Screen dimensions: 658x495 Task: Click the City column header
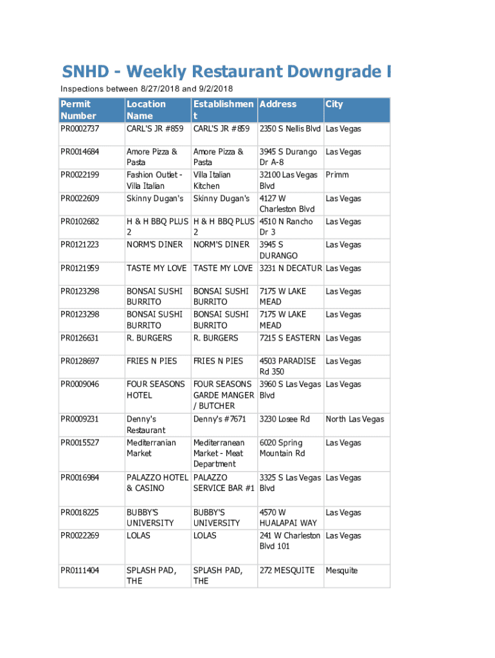334,104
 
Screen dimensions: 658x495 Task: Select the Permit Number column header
78,110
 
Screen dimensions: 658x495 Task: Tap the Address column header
278,104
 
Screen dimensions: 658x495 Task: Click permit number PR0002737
80,129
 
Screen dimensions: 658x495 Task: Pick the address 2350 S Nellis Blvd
291,129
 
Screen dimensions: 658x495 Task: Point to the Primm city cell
337,175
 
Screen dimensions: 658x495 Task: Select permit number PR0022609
80,199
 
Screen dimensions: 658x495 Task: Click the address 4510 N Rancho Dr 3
286,227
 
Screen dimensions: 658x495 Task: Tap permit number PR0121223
80,245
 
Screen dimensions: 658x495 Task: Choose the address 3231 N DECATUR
291,268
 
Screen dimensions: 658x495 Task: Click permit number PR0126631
80,338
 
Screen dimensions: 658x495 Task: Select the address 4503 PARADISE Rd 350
287,366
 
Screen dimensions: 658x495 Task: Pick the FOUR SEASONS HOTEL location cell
156,389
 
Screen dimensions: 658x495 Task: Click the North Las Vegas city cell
355,420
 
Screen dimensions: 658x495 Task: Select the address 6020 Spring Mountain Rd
282,448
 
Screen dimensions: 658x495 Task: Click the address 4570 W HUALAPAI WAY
288,518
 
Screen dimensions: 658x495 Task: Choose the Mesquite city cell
341,571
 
